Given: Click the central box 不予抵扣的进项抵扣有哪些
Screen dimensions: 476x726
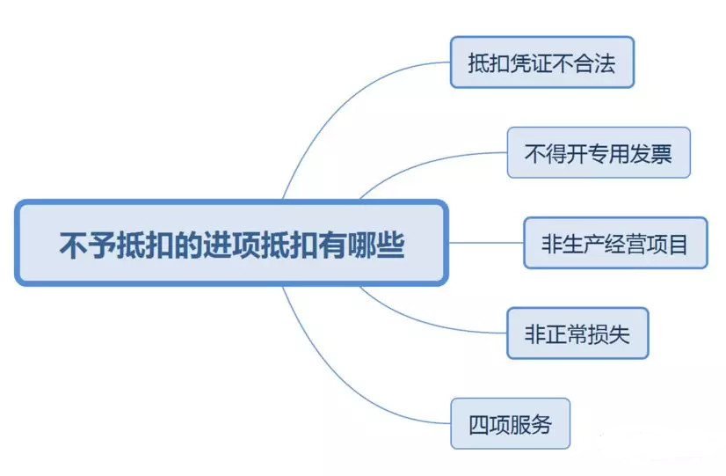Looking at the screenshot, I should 231,244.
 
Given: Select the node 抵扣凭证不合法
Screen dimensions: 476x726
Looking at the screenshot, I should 541,62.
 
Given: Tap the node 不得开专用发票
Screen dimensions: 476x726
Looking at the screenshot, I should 598,153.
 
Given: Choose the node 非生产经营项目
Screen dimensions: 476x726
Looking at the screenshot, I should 614,243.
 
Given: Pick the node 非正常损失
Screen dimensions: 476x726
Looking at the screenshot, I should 577,333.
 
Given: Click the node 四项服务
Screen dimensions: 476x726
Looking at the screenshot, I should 510,424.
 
